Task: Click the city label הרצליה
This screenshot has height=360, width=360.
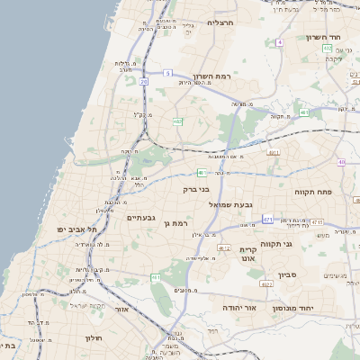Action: (x=220, y=22)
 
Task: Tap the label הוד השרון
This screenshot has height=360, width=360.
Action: (x=320, y=38)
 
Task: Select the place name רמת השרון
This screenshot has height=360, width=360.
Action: (x=211, y=77)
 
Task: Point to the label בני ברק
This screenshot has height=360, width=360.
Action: (x=196, y=190)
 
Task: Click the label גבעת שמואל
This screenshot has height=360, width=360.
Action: (x=260, y=204)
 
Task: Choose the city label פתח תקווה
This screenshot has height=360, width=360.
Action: (x=313, y=192)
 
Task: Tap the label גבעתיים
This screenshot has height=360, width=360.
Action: (x=142, y=218)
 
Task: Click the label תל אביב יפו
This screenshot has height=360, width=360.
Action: (x=78, y=230)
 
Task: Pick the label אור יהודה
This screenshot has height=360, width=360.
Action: (x=240, y=308)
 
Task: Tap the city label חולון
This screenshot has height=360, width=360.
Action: (x=94, y=338)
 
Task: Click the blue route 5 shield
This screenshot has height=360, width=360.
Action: (x=167, y=72)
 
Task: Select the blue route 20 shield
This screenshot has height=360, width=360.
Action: (x=143, y=81)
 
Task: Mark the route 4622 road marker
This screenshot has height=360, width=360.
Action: (x=266, y=283)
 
